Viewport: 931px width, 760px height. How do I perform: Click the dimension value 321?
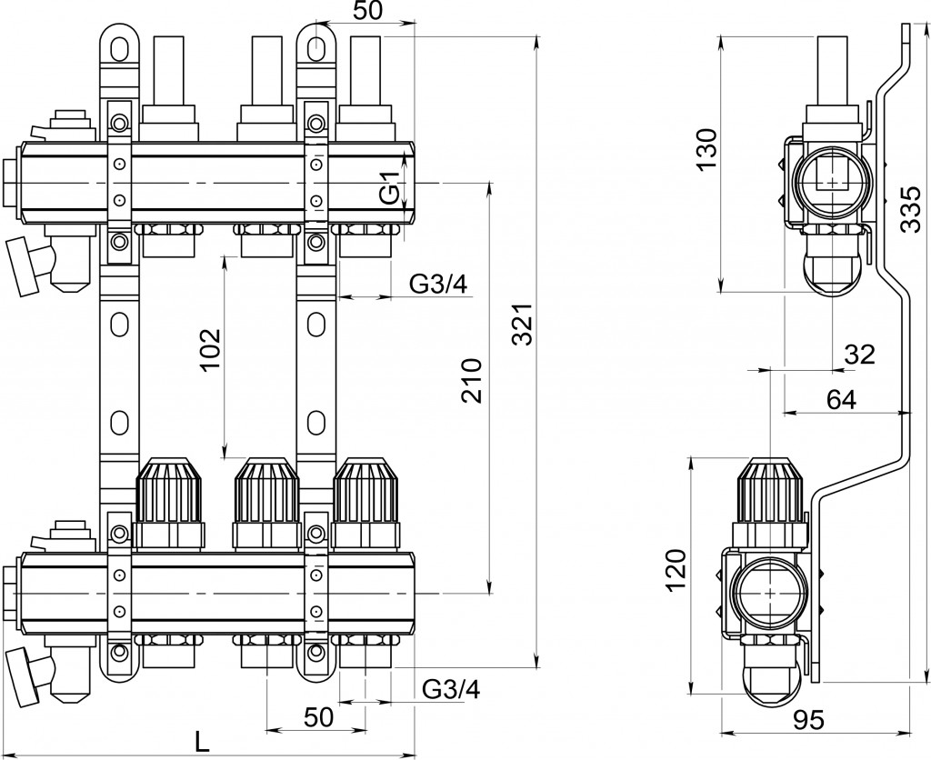click(520, 323)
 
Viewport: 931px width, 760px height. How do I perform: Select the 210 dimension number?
click(471, 380)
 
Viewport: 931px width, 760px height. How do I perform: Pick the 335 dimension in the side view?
click(909, 211)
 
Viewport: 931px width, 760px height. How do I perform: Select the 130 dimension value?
click(706, 151)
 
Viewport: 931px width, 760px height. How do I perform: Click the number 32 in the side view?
click(858, 354)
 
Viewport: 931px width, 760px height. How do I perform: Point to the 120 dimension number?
click(676, 571)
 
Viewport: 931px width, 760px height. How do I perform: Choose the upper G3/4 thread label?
click(438, 285)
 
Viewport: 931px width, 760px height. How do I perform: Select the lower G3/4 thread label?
click(451, 689)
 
